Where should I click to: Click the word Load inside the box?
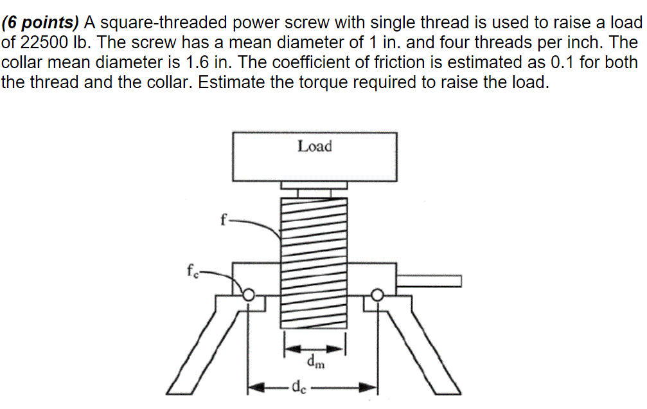tap(314, 147)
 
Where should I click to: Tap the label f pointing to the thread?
tap(223, 219)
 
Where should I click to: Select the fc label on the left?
tap(191, 271)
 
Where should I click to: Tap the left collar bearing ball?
tap(248, 295)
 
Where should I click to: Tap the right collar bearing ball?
tap(377, 295)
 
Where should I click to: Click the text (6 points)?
tap(40, 23)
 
